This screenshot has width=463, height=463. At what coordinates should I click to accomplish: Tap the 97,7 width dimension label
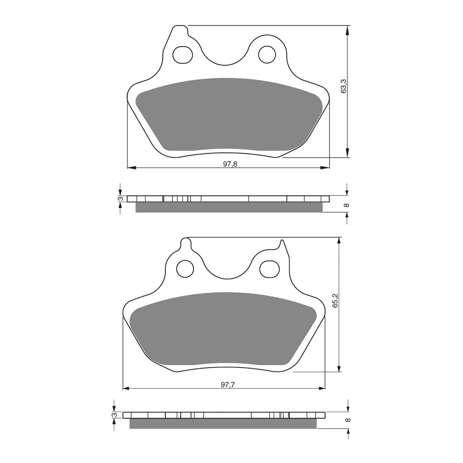pos(227,385)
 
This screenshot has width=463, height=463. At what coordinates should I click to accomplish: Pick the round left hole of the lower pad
pos(185,268)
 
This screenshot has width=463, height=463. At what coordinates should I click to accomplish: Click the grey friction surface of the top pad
pos(227,114)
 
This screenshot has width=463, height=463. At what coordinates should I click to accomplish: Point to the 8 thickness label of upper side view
pos(347,205)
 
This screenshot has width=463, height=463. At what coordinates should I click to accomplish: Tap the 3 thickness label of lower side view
pos(114,415)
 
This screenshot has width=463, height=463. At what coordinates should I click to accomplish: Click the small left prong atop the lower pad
pos(186,244)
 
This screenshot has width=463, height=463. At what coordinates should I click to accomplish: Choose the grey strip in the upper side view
pos(228,207)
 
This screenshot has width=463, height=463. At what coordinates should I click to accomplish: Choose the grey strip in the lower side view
pos(223,424)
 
